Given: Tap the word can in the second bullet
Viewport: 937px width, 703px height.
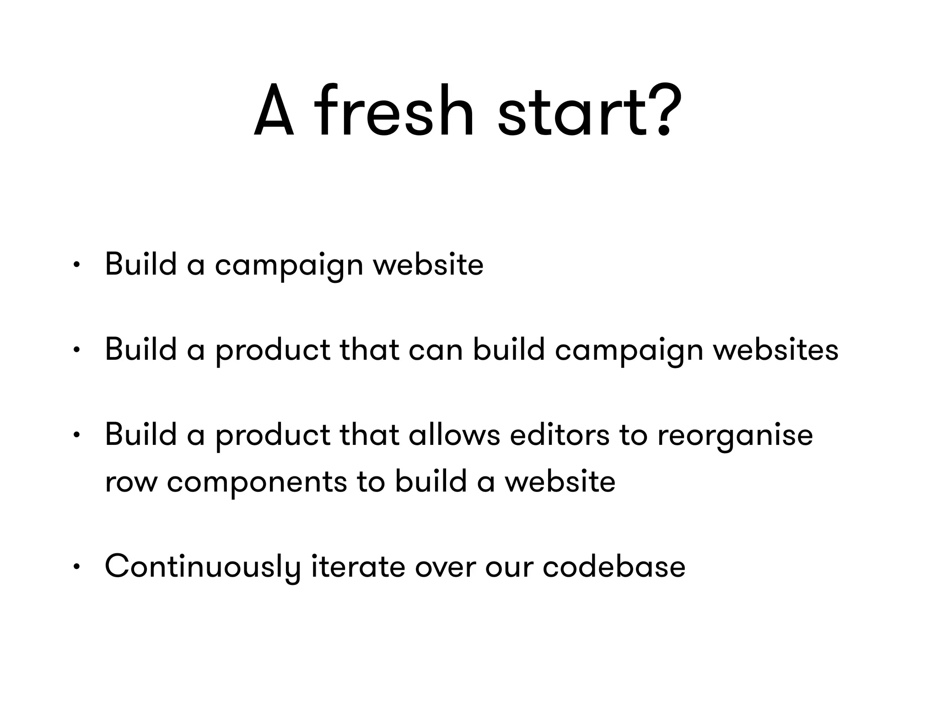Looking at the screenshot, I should [435, 350].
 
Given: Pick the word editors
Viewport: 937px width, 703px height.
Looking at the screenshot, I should [559, 435].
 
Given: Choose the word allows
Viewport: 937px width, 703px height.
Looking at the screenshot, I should [454, 435].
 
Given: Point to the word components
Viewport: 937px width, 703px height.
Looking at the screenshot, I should [257, 483].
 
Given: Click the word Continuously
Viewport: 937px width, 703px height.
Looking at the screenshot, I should [202, 567].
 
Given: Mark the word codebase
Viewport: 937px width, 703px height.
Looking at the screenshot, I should [614, 567].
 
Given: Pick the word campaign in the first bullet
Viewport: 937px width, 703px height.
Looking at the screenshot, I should [289, 265].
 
